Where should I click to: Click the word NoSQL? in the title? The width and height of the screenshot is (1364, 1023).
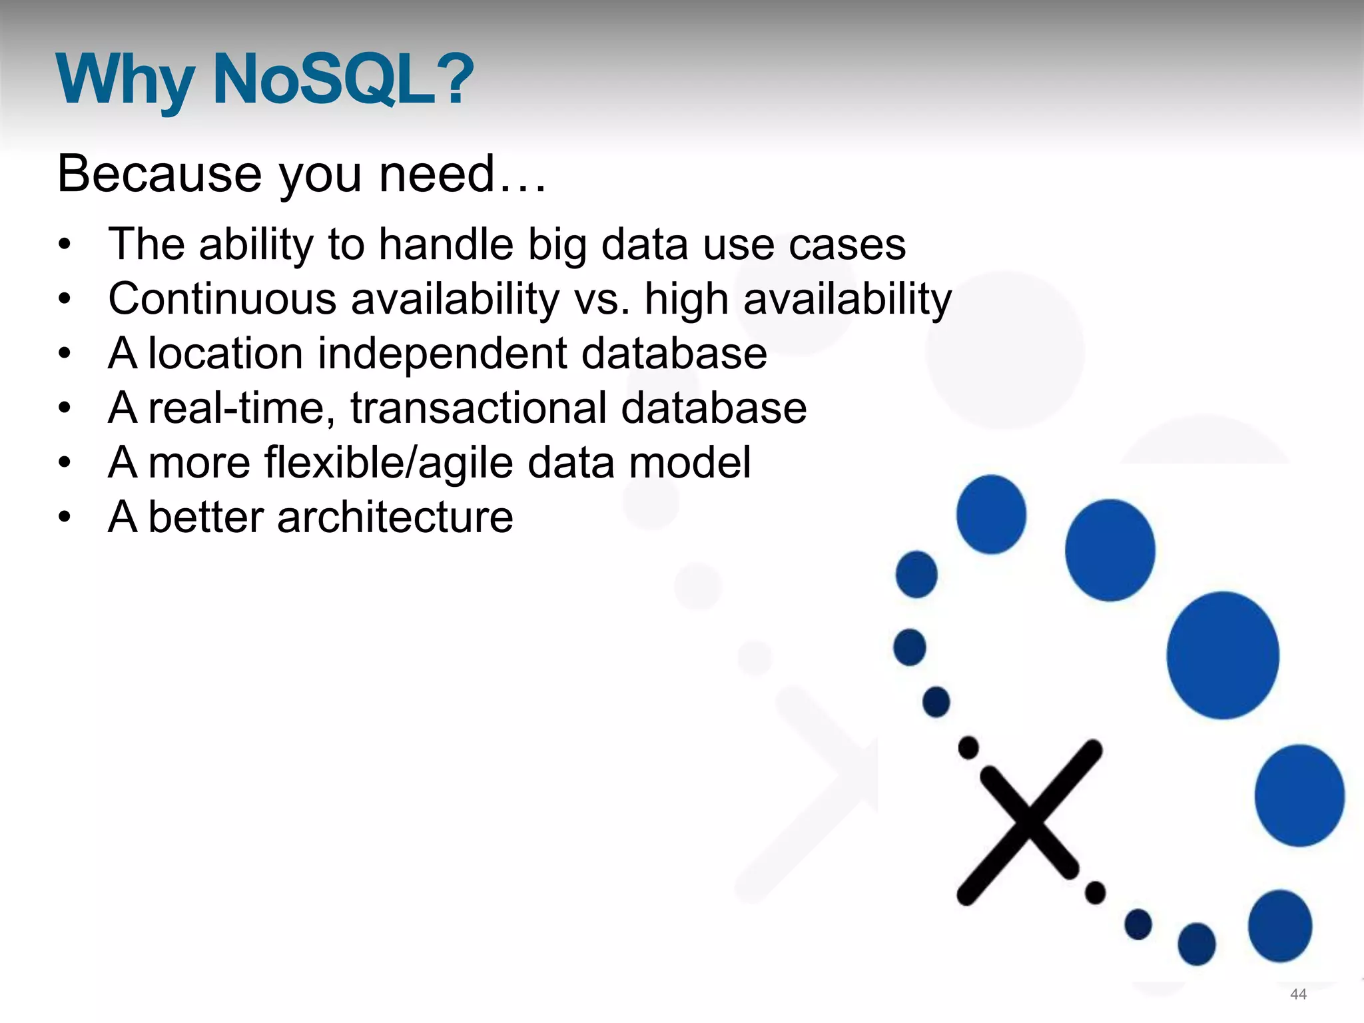(342, 80)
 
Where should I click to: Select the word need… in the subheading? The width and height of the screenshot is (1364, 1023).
(462, 174)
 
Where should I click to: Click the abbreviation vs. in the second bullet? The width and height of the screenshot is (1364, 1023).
(601, 300)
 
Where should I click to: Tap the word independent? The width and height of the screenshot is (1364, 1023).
(442, 354)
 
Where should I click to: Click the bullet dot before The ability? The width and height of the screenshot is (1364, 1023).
(64, 244)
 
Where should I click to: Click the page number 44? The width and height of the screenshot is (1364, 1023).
(1298, 994)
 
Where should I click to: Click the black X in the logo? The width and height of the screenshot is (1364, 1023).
(1029, 822)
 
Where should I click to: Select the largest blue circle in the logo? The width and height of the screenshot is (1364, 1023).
(1222, 655)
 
